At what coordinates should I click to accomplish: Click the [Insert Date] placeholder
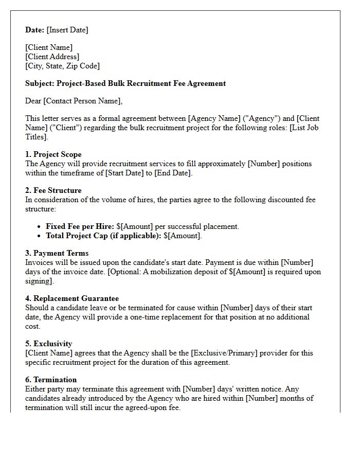coord(67,30)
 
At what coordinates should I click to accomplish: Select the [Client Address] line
coord(52,57)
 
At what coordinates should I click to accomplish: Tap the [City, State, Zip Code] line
coord(62,66)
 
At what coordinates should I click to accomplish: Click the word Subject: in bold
coord(40,83)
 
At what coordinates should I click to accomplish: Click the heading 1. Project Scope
coord(53,154)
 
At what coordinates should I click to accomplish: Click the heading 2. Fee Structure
coord(53,190)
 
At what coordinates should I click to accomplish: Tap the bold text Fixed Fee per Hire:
coord(80,226)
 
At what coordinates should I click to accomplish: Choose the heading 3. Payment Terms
coord(57,253)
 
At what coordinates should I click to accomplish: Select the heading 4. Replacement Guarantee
coord(72,298)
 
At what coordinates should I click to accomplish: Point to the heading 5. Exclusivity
coord(49,344)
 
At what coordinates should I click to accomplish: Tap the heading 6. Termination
coord(51,380)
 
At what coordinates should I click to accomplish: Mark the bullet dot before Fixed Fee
coord(40,226)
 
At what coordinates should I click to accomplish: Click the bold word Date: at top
coord(35,30)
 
